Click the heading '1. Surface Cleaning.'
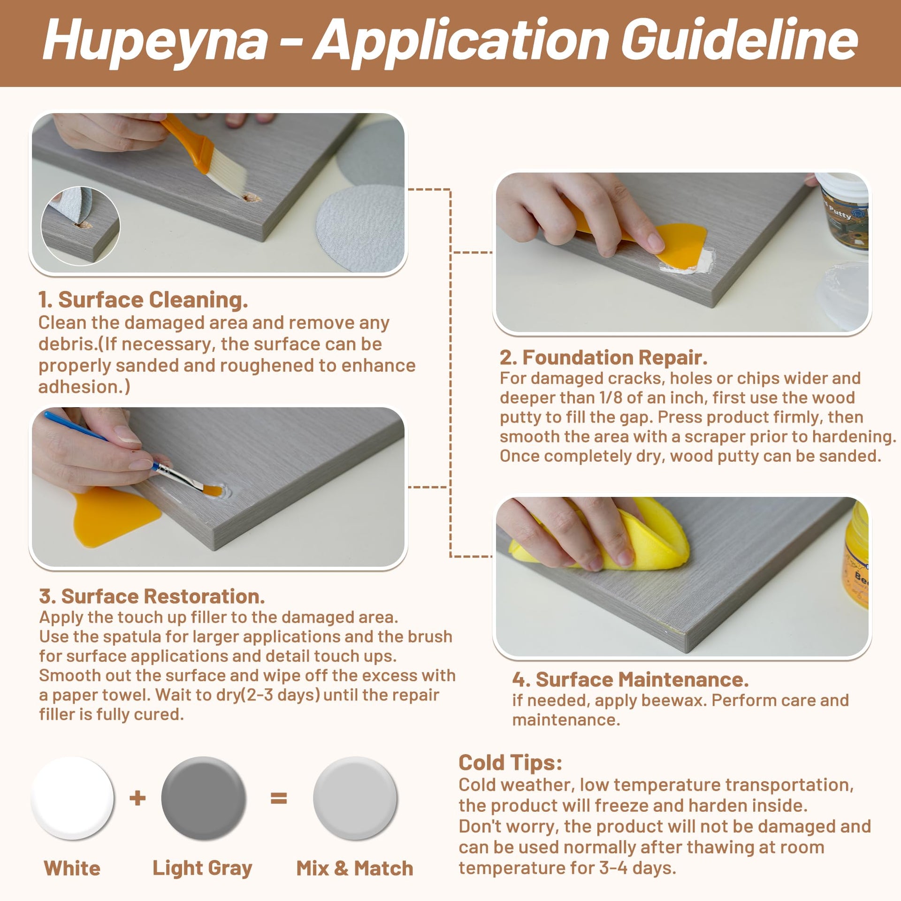pyautogui.click(x=143, y=300)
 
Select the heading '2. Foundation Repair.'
pyautogui.click(x=603, y=358)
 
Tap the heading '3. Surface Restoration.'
pyautogui.click(x=152, y=596)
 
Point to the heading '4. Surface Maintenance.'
pyautogui.click(x=630, y=680)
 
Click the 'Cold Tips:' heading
pyautogui.click(x=510, y=763)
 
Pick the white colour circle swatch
pyautogui.click(x=73, y=798)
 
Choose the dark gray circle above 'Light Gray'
pyautogui.click(x=203, y=798)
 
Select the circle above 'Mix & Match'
pyautogui.click(x=355, y=798)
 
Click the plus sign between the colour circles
pyautogui.click(x=137, y=798)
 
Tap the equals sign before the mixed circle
pyautogui.click(x=279, y=798)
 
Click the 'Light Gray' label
pyautogui.click(x=202, y=869)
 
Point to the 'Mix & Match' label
pyautogui.click(x=355, y=869)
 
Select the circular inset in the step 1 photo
pyautogui.click(x=80, y=226)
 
